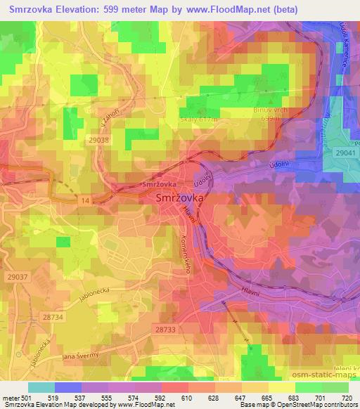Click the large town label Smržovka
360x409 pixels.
click(x=179, y=199)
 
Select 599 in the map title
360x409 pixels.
click(x=109, y=10)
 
